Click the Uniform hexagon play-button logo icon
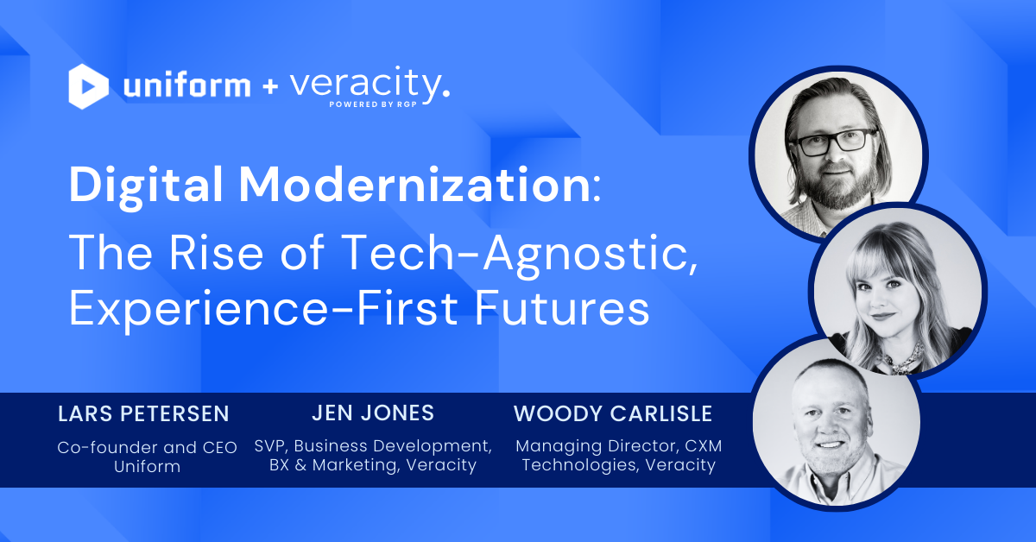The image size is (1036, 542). (x=89, y=86)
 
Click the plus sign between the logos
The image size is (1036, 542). (x=265, y=87)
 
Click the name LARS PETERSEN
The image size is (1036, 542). (x=143, y=414)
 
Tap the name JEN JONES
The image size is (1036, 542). (x=373, y=413)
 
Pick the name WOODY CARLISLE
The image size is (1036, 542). (x=613, y=414)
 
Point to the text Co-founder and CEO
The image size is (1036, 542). (x=148, y=448)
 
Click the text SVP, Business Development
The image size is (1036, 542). (x=373, y=446)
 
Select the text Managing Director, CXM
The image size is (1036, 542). (x=618, y=447)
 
